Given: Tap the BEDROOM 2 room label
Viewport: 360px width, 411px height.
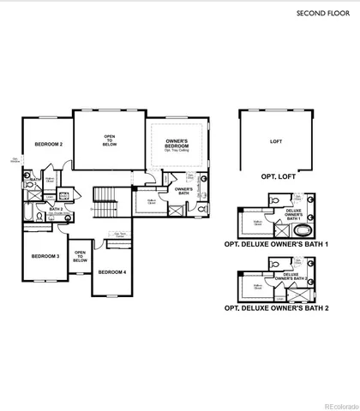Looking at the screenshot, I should tap(48, 145).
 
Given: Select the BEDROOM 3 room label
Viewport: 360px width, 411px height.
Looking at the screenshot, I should tap(45, 256).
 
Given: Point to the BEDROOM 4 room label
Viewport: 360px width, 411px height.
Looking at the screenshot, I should tap(111, 271).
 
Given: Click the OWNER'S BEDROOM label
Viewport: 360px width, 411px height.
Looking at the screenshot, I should tap(177, 143).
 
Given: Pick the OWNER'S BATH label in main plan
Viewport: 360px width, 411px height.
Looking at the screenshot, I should tap(183, 191).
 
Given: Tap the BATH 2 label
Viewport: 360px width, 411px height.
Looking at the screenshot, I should tap(56, 208).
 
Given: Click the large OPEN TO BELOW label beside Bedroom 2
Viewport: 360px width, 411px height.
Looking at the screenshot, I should tap(110, 140).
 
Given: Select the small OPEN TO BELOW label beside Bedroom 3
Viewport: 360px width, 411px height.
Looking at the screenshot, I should tap(80, 255).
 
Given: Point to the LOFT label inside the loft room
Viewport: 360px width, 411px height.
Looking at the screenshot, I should tap(275, 141).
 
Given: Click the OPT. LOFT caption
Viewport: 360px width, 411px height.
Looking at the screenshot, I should tap(276, 176).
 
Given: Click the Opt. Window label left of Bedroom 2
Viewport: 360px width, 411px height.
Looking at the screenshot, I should tap(15, 160).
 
